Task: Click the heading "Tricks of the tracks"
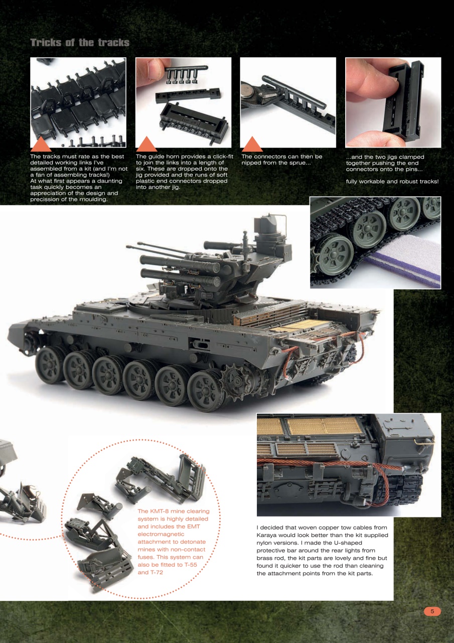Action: [x=80, y=43]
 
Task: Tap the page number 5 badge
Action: [x=432, y=611]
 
